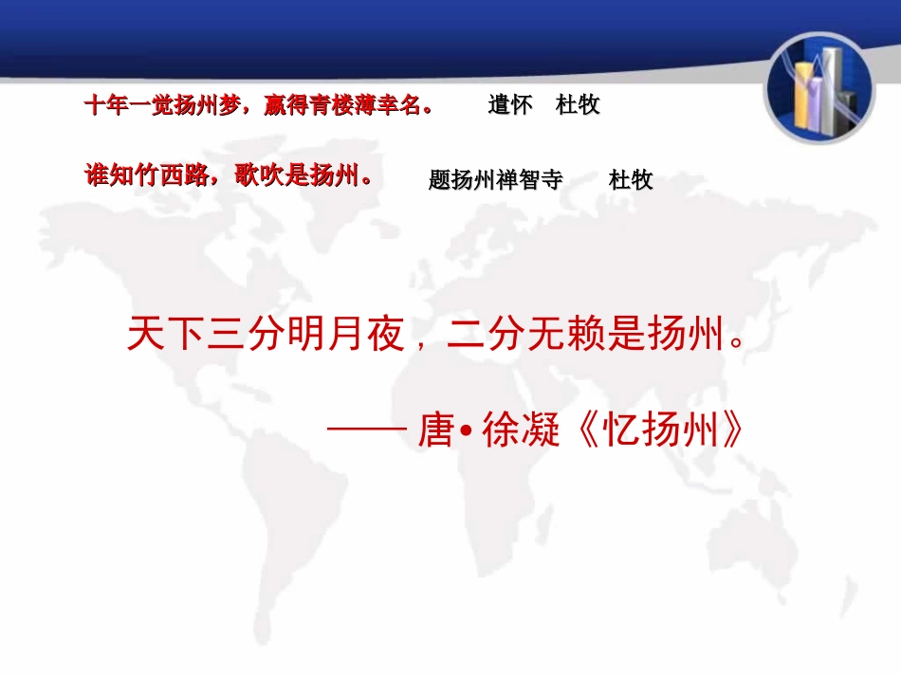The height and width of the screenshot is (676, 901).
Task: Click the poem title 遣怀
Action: coord(510,104)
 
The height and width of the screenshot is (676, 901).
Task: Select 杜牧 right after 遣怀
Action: coord(578,104)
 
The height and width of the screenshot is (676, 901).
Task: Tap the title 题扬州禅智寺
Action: coord(495,179)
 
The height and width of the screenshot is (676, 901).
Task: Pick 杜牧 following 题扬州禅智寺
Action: coord(631,179)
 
